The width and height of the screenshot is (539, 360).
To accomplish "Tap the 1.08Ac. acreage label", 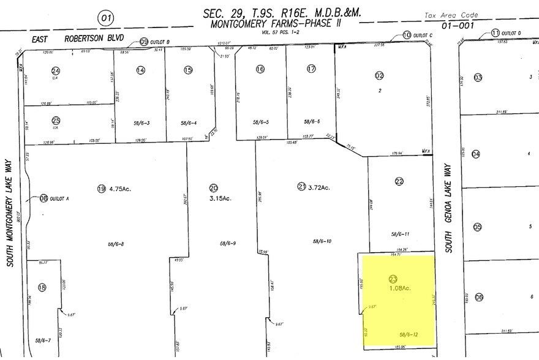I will [399, 288].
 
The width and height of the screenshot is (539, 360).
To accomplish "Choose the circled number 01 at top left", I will [107, 19].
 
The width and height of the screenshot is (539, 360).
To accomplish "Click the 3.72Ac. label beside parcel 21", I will [318, 187].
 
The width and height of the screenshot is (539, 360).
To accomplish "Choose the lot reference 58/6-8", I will [115, 244].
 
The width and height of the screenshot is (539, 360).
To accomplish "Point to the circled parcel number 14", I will [141, 70].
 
